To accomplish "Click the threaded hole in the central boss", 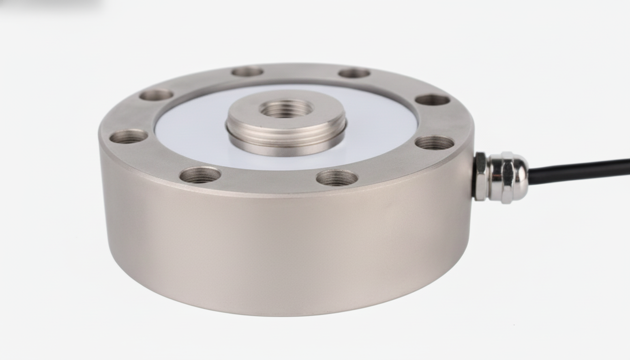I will click(286, 109).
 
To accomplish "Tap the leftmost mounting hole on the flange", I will click(128, 136).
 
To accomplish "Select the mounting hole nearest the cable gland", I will click(435, 142).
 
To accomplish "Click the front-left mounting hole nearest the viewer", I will click(200, 175).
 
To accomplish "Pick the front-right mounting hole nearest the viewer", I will click(337, 178).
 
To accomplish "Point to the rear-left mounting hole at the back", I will click(247, 72).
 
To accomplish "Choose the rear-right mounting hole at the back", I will click(354, 73).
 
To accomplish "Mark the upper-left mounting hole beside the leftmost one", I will click(156, 95).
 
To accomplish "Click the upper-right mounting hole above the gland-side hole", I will click(432, 100).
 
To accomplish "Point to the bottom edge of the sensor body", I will click(281, 313).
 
